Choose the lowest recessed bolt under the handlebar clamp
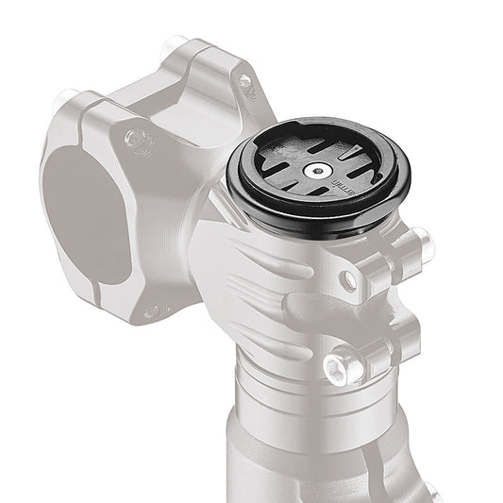(x=151, y=310)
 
